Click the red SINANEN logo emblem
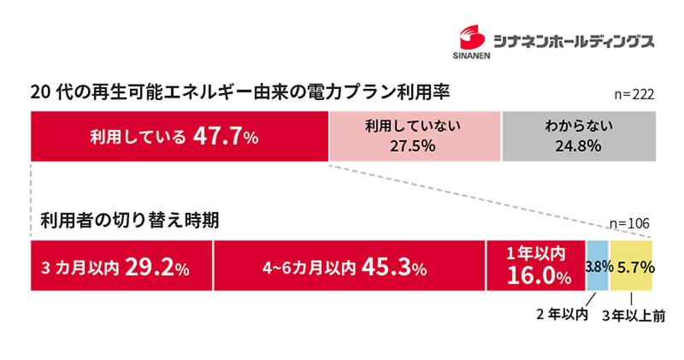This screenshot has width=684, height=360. (x=471, y=34)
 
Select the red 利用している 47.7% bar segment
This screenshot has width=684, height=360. (x=179, y=135)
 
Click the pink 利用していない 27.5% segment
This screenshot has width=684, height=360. (x=414, y=135)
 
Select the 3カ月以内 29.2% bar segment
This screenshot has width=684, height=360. (x=121, y=266)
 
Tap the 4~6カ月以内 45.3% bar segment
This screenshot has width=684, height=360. (x=349, y=266)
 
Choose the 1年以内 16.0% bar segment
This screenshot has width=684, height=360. (x=535, y=266)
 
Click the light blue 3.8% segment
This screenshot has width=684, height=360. (x=597, y=266)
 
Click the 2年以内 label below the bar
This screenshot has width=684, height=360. (x=561, y=315)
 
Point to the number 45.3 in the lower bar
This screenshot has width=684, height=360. (x=386, y=266)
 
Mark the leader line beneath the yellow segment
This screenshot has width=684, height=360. (x=631, y=299)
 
